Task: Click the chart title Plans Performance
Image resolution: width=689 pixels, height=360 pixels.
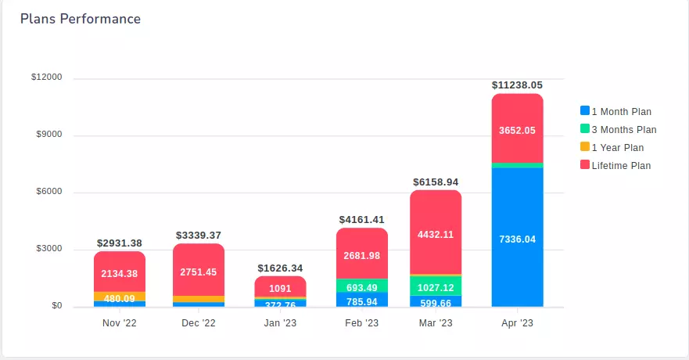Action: pyautogui.click(x=81, y=19)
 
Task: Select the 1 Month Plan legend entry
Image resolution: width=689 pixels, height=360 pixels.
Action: pyautogui.click(x=621, y=112)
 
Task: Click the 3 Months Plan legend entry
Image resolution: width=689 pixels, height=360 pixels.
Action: pyautogui.click(x=623, y=130)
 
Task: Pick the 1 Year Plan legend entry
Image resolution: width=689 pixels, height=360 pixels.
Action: pyautogui.click(x=617, y=148)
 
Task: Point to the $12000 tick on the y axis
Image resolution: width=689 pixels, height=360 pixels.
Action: pyautogui.click(x=46, y=77)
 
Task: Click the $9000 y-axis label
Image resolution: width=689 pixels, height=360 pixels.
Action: pyautogui.click(x=48, y=135)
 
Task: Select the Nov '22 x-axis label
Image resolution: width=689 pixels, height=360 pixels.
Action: pyautogui.click(x=119, y=323)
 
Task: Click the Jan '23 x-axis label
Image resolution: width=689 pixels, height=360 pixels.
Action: pyautogui.click(x=280, y=323)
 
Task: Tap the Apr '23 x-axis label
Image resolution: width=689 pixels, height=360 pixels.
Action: pyautogui.click(x=517, y=323)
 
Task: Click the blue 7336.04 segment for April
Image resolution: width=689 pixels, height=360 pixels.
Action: pyautogui.click(x=517, y=239)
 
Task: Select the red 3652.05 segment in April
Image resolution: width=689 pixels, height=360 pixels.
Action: pyautogui.click(x=517, y=130)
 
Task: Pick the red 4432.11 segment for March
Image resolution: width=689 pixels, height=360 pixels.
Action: pyautogui.click(x=436, y=233)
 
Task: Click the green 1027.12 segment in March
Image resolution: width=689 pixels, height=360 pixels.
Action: pyautogui.click(x=436, y=286)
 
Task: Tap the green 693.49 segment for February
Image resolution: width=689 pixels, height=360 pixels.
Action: pyautogui.click(x=362, y=286)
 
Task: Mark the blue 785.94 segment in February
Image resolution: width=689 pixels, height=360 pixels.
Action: pyautogui.click(x=362, y=301)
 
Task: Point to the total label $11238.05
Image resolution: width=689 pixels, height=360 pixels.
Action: pyautogui.click(x=517, y=85)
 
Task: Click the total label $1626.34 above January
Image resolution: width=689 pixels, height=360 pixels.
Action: pyautogui.click(x=280, y=268)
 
